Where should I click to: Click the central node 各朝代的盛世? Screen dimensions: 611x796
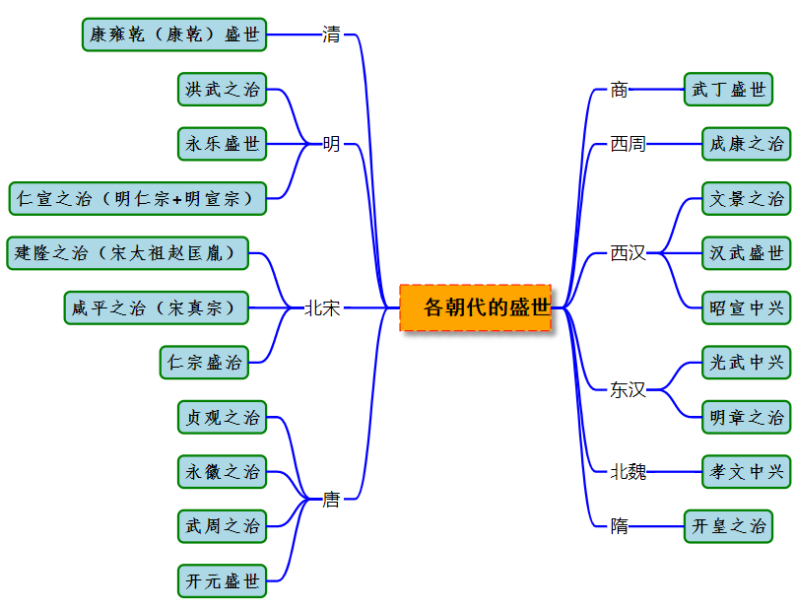coord(476,307)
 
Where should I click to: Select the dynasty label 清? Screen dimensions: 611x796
coord(331,34)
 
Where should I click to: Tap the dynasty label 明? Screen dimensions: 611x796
coord(331,144)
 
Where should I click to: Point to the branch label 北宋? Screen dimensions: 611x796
coord(322,308)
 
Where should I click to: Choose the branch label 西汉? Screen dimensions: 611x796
coord(628,253)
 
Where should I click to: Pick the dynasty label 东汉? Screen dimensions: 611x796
coord(628,389)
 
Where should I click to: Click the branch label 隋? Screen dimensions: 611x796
coord(619,525)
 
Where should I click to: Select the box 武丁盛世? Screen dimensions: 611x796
coord(728,90)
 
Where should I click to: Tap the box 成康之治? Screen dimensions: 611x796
coord(746,144)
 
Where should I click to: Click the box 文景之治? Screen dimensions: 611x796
coord(746,198)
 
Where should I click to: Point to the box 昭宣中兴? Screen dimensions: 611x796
coord(746,307)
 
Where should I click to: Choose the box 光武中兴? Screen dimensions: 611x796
coord(746,362)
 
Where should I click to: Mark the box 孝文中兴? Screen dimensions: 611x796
coord(746,471)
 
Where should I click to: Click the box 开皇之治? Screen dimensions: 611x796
coord(728,525)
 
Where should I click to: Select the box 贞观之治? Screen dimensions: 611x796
coord(223,417)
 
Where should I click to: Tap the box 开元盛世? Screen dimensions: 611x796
coord(223,580)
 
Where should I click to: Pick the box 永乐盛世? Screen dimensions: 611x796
coord(223,144)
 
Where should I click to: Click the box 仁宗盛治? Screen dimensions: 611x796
coord(204,362)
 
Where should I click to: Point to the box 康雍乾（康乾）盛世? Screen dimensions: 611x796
coord(174,34)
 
